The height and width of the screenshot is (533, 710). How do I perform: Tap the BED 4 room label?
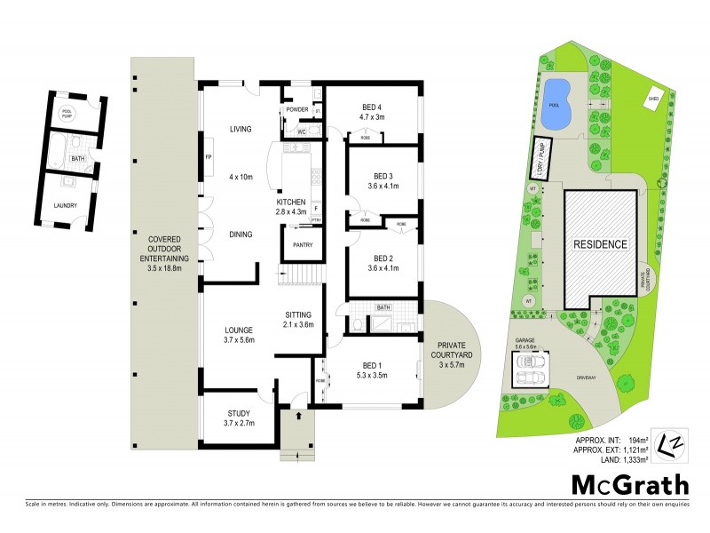371,102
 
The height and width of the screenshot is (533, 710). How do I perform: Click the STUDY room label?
239,413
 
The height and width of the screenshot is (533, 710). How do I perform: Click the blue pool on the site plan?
556,92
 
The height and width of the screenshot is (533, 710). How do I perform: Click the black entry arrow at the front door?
298,414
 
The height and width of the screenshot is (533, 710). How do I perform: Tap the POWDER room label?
296,109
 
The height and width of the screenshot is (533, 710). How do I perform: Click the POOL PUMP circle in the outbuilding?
67,113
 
